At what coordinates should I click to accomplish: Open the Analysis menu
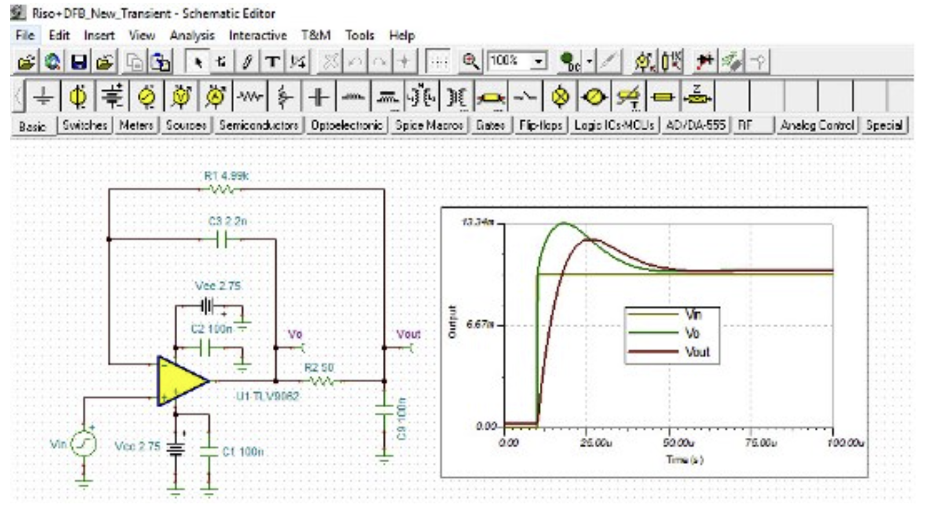[x=192, y=35]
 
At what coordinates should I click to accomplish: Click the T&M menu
[x=316, y=35]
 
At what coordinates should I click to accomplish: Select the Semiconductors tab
[x=258, y=125]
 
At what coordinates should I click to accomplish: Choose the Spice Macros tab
[x=429, y=125]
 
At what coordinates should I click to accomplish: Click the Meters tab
[x=136, y=125]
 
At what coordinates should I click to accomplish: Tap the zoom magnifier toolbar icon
[x=470, y=61]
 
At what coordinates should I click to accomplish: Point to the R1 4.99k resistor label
[x=226, y=175]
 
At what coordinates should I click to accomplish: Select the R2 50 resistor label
[x=319, y=368]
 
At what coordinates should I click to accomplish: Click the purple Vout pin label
[x=408, y=334]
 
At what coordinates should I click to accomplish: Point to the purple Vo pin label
[x=295, y=334]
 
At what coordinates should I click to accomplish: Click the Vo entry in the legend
[x=692, y=333]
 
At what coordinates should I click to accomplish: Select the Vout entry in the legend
[x=697, y=352]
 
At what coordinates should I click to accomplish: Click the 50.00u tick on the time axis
[x=678, y=443]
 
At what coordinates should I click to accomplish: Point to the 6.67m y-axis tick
[x=480, y=325]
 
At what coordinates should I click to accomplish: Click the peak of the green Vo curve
[x=564, y=223]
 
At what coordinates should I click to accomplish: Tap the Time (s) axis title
[x=685, y=460]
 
